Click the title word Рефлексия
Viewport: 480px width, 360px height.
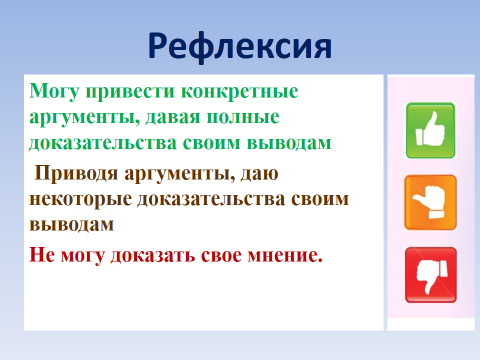(x=240, y=47)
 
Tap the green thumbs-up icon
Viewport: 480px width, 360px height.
(x=430, y=130)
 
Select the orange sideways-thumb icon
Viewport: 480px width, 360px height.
(x=430, y=202)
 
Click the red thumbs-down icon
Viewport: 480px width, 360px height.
(x=431, y=275)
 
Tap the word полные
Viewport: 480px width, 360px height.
(x=243, y=117)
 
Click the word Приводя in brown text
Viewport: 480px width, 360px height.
(x=76, y=174)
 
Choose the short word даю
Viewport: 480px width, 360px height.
(x=259, y=174)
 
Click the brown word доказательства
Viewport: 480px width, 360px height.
(x=211, y=199)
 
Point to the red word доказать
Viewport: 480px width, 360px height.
(x=152, y=256)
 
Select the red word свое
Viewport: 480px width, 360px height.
(x=221, y=256)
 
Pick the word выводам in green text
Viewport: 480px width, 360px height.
(x=289, y=143)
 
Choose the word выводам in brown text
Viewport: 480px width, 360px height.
(x=72, y=224)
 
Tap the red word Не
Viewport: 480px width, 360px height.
(x=42, y=255)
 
